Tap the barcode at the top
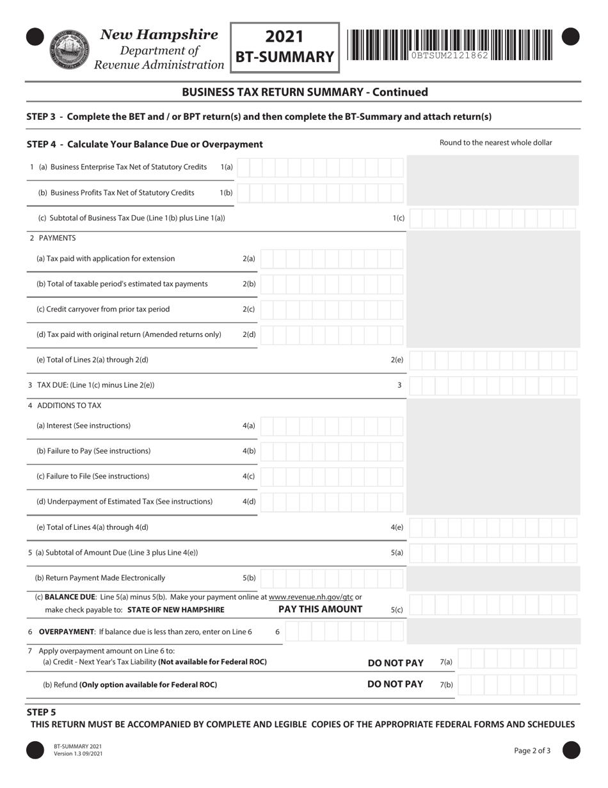(x=450, y=45)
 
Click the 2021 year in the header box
(x=284, y=37)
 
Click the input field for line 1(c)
(x=493, y=218)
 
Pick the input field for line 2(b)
(x=332, y=284)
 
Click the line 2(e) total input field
(x=493, y=360)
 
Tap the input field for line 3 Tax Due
(x=493, y=386)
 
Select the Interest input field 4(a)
(x=332, y=426)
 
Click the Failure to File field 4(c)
(x=332, y=477)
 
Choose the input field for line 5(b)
(x=332, y=578)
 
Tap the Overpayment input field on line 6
(x=344, y=632)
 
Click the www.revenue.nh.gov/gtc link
(x=311, y=597)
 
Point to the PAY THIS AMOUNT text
(x=320, y=609)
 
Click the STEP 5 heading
(x=42, y=712)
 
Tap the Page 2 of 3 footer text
(x=532, y=751)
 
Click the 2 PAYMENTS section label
(x=52, y=238)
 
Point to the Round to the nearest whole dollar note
(x=495, y=143)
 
